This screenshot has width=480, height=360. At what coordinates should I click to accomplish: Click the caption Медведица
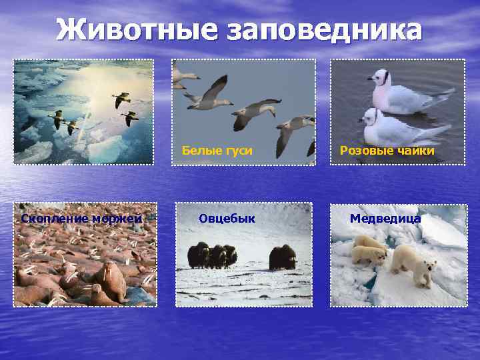click(385, 219)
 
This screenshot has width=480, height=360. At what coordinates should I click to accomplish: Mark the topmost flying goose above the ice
click(121, 99)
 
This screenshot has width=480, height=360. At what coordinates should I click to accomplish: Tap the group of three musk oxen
click(211, 255)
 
